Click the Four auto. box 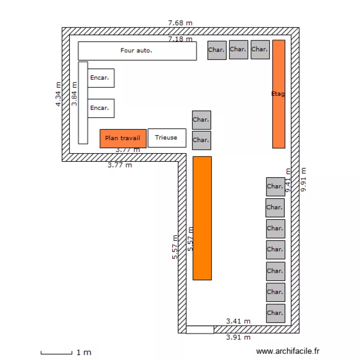[x=137, y=51]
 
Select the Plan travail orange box [x=123, y=138]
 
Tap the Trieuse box [x=166, y=138]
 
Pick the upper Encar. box [x=101, y=78]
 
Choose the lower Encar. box [x=101, y=108]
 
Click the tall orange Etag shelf [x=278, y=94]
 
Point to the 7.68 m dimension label [x=180, y=23]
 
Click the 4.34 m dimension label [x=59, y=94]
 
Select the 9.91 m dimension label [x=303, y=180]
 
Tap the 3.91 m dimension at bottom [x=238, y=337]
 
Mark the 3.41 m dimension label [x=238, y=321]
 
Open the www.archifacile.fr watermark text [x=288, y=352]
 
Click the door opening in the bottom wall [x=200, y=330]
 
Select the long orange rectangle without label [x=202, y=218]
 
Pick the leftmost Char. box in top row [x=217, y=50]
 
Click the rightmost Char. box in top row [x=260, y=49]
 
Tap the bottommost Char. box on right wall [x=276, y=313]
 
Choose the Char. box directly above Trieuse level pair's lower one [x=201, y=120]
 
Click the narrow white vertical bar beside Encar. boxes [x=83, y=103]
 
